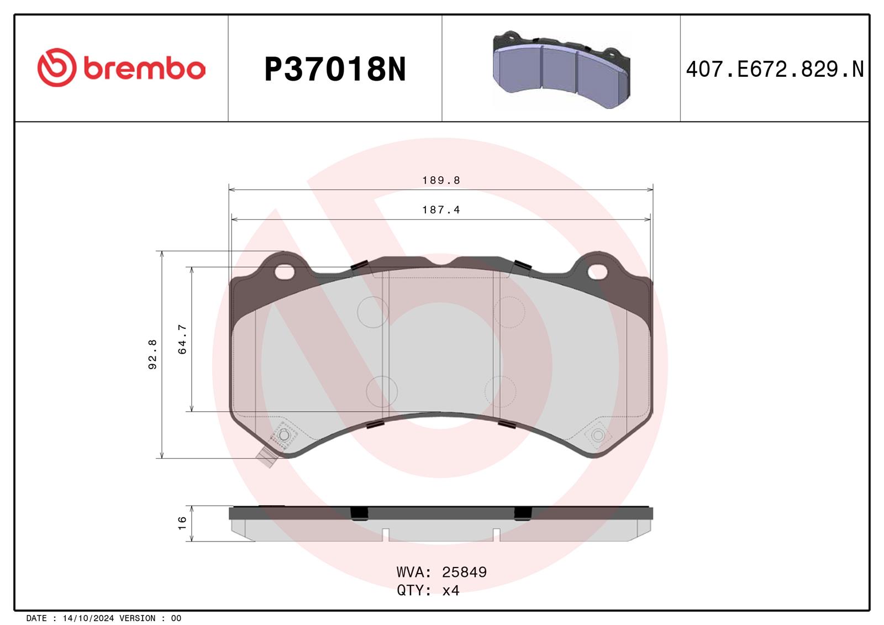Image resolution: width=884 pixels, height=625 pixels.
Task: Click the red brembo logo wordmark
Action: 122,68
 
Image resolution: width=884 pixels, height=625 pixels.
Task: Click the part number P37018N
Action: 335,70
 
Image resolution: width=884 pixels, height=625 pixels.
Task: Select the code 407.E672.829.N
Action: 774,70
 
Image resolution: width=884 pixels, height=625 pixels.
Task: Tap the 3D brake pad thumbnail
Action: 561,70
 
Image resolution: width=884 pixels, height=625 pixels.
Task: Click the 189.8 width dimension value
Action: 441,180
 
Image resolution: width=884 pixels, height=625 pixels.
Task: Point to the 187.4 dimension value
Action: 441,210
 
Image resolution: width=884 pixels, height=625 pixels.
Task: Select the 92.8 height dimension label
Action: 153,354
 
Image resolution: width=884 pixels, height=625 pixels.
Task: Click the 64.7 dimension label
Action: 182,339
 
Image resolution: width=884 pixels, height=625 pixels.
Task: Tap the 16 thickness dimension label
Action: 182,523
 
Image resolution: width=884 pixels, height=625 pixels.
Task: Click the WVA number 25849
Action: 464,572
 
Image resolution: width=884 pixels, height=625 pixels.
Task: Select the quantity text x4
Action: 451,591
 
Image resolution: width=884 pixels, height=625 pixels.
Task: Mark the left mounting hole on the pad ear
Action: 285,271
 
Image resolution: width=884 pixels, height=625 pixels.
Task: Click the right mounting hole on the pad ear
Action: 597,271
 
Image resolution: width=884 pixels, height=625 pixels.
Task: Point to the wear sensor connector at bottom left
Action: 267,456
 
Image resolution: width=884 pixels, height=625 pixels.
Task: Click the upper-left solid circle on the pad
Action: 373,312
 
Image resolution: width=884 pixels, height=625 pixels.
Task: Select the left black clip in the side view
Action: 359,513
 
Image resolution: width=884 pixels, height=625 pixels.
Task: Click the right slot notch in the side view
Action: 496,534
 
